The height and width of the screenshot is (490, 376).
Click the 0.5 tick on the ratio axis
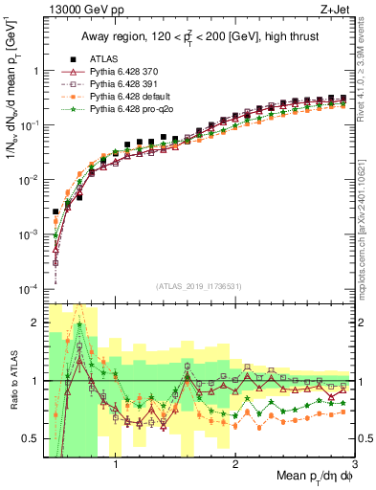(33, 439)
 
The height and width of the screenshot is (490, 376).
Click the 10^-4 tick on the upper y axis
(29, 289)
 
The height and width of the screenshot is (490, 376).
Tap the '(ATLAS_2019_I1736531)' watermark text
(199, 286)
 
